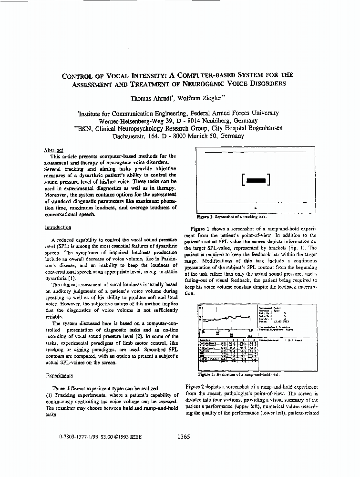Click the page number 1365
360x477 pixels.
tap(184, 436)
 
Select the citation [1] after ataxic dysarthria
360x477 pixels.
tap(72, 278)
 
